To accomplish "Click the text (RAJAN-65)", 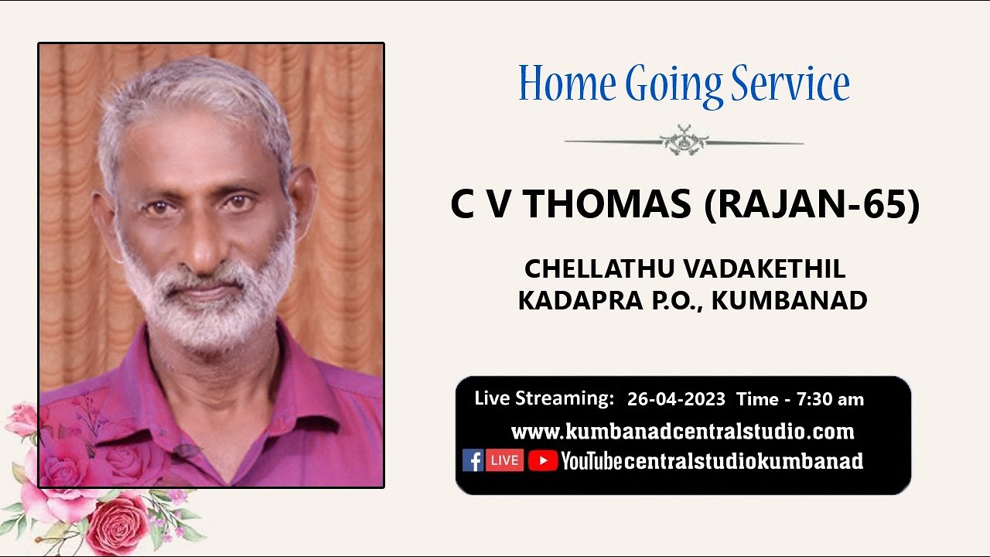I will coord(812,205).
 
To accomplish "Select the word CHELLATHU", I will coord(600,268).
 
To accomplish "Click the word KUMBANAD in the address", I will coord(789,301).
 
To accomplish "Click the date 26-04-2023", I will coord(676,399).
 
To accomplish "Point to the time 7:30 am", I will coord(830,399).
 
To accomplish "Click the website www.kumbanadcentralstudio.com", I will coord(682,431).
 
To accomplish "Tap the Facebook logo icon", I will coord(473,460).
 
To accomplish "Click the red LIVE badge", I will coord(504,460).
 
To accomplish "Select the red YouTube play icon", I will coord(543,461).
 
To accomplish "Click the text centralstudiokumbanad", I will coord(743,461).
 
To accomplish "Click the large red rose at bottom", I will coord(118,524).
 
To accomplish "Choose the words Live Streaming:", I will coord(544,398).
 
